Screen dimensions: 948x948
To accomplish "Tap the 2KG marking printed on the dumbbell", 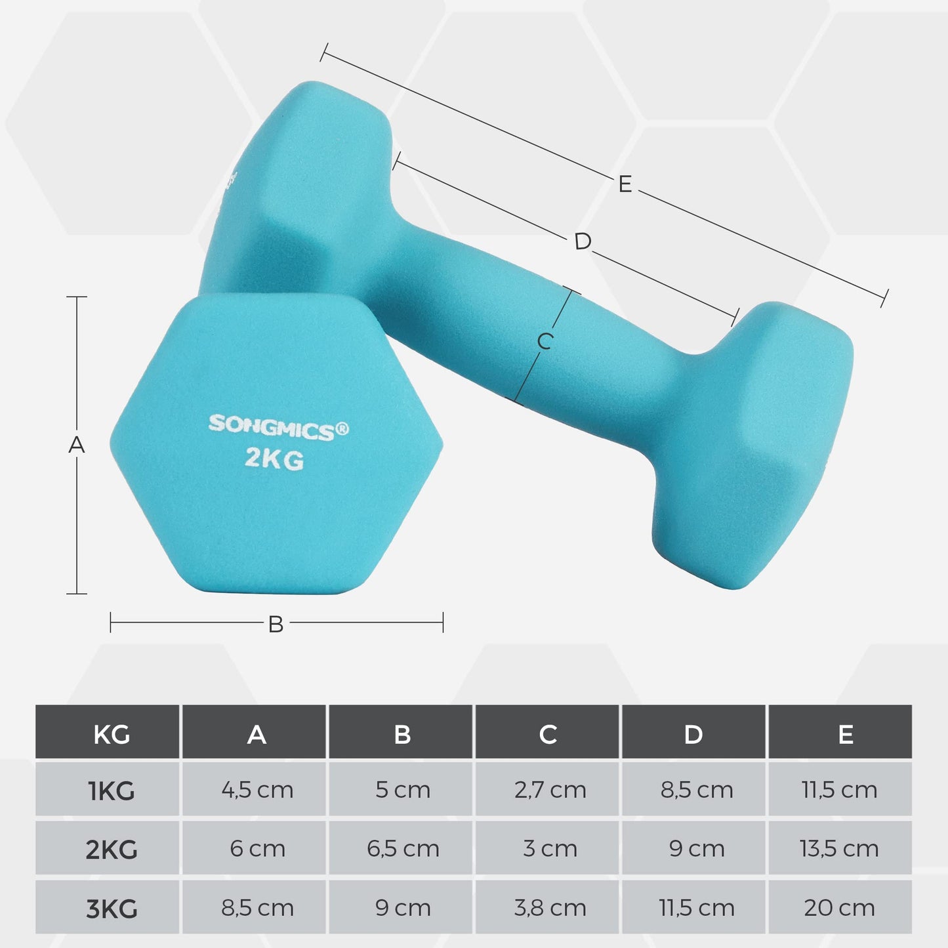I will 274,459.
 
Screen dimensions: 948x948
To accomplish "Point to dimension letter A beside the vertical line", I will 77,445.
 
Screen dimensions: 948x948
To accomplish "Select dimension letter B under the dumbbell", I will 276,624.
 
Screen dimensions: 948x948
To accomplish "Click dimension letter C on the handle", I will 545,341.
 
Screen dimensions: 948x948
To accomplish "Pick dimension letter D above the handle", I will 582,241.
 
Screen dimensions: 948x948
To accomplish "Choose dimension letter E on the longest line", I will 625,184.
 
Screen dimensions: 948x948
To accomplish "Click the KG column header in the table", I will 111,734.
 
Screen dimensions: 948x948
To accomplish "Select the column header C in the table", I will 548,734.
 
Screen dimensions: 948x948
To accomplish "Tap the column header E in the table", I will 845,734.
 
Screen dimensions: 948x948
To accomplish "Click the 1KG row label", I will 111,791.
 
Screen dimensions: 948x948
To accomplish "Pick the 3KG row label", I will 111,909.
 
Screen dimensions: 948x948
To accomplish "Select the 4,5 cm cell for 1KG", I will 257,790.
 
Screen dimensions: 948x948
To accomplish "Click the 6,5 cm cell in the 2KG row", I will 403,849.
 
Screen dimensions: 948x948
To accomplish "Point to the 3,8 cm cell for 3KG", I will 550,908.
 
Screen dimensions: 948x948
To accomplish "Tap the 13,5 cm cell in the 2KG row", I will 839,849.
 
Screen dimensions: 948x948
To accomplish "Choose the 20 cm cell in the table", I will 839,908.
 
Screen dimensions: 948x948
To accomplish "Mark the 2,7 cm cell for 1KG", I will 550,790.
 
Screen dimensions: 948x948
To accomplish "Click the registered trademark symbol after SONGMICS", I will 342,430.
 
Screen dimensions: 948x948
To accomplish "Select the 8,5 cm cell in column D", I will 696,790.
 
